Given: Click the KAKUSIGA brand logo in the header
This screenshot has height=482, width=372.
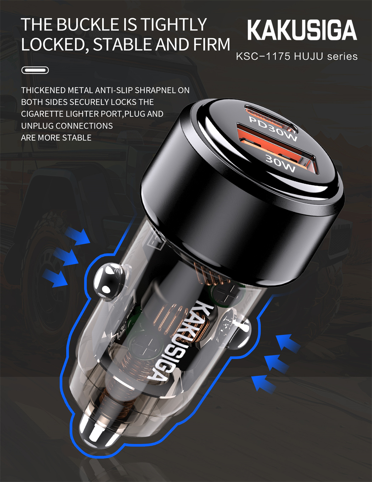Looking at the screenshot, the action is pos(302,30).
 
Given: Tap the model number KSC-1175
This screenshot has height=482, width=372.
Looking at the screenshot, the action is pos(263,56).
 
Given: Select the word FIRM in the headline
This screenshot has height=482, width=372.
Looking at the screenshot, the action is pos(212,44).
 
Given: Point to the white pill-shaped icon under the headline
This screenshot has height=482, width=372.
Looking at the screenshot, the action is pos(35,70).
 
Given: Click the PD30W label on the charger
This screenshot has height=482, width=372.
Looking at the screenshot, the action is pos(273,129).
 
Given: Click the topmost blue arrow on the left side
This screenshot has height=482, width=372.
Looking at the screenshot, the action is pos(78,236).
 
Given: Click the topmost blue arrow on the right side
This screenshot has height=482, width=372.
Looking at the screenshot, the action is pos(288,342).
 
